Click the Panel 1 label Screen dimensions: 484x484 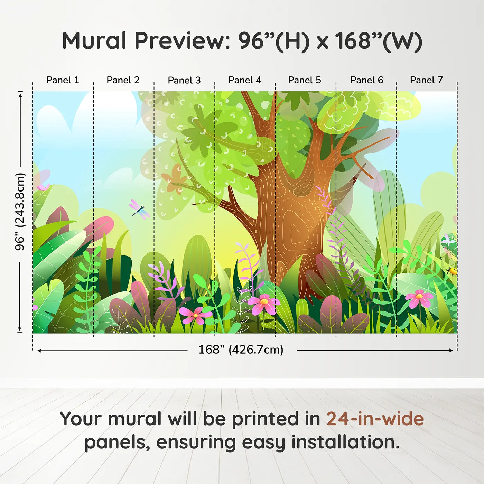pos(63,80)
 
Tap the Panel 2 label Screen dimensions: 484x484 pos(123,80)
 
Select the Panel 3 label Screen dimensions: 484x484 pos(184,80)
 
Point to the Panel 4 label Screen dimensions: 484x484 pos(244,80)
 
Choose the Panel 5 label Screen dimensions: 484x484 pos(304,80)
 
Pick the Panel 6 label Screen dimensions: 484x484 pos(366,80)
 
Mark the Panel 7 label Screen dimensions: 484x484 pos(426,80)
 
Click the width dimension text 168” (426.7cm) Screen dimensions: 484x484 pos(241,350)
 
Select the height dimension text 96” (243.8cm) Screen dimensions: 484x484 pos(20,212)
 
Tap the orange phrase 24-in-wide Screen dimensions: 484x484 pos(375,419)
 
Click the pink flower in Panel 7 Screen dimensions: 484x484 pos(419,298)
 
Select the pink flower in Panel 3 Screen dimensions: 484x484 pos(196,315)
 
